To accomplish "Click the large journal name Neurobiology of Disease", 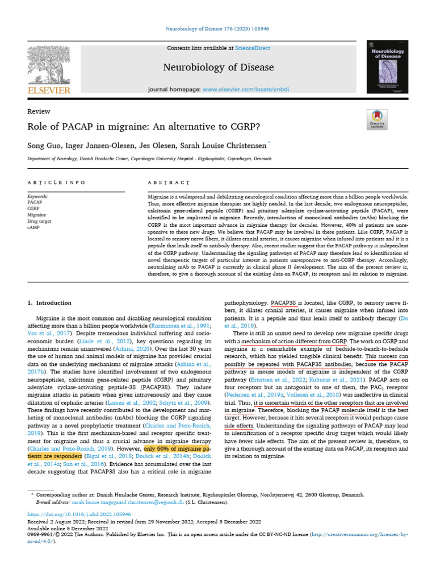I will tap(210, 68).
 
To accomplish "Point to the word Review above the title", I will tap(39, 111).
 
